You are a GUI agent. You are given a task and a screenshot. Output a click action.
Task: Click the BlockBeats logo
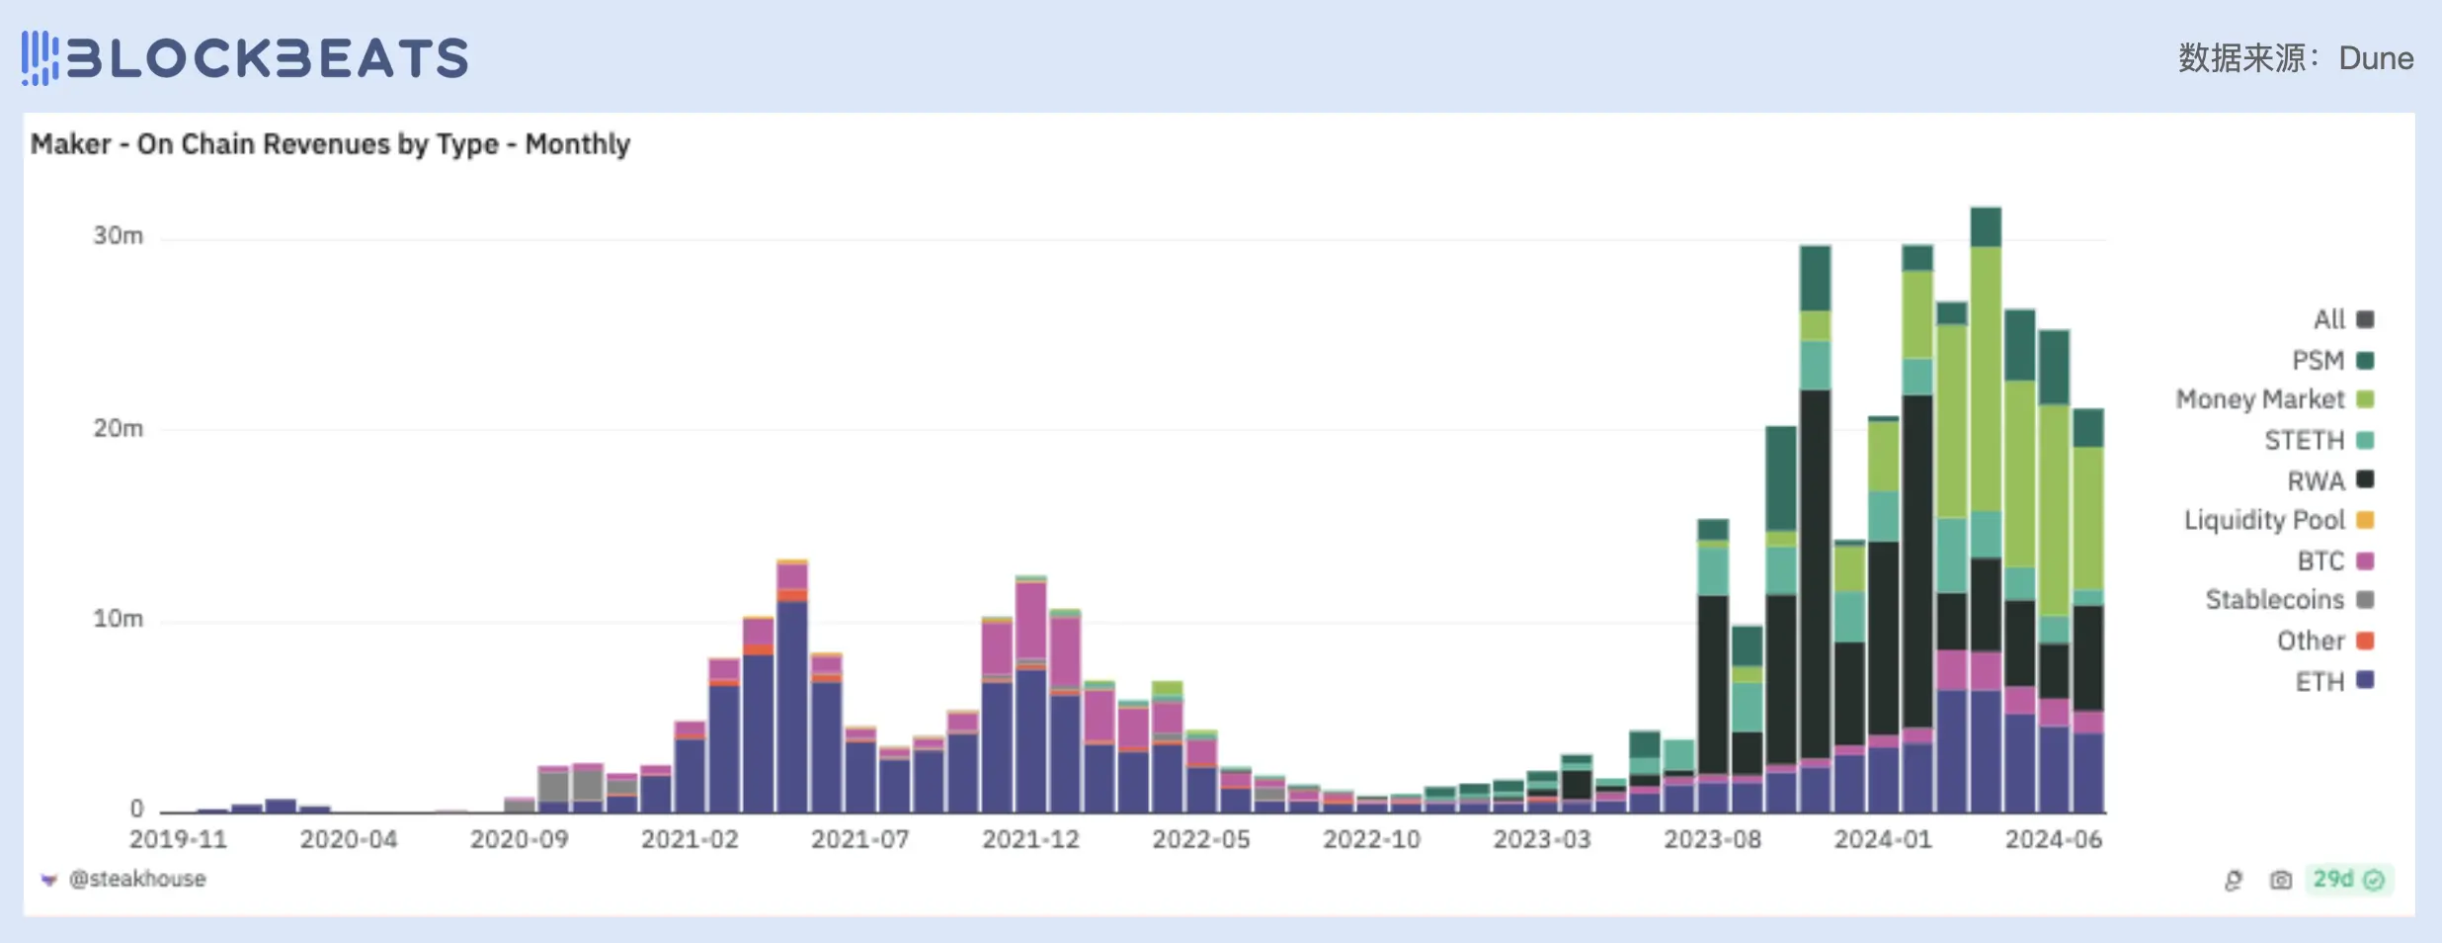pos(245,57)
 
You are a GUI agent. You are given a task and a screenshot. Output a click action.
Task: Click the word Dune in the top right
pos(2376,58)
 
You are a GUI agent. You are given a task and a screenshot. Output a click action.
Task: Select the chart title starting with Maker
pos(330,144)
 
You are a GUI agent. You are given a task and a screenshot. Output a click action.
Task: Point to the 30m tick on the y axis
pos(119,235)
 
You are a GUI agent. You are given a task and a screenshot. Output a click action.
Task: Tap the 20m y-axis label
pos(119,428)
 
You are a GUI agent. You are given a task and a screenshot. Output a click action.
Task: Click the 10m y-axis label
pos(119,619)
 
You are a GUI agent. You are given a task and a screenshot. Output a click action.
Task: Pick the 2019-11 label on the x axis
pos(178,839)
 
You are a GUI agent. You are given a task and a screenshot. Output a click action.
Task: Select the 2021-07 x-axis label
pos(859,839)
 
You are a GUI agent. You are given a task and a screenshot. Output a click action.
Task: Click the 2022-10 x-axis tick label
pos(1371,839)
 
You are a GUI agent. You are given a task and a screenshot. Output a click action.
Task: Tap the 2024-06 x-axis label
pos(2053,839)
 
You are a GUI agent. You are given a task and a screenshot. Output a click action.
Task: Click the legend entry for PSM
pos(2331,361)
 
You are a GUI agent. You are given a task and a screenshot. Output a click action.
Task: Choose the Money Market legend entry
pos(2273,399)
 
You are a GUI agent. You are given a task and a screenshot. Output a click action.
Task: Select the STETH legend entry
pos(2318,440)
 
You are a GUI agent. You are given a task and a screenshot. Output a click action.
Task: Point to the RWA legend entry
pos(2329,480)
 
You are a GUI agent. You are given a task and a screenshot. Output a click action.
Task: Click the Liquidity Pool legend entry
pos(2277,520)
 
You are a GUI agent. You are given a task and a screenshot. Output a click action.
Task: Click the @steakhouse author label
pos(136,879)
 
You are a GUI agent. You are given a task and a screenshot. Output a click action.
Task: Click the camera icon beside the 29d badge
pos(2280,880)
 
